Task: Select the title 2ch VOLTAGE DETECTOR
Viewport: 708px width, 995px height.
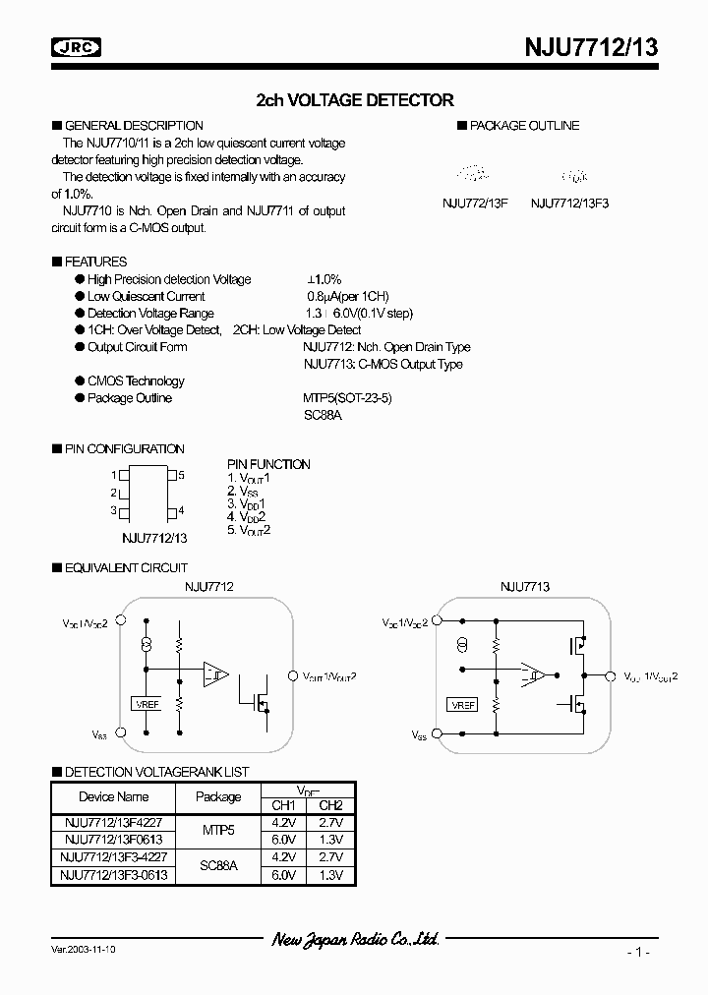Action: [x=354, y=99]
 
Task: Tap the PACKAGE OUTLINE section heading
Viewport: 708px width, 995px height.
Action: [x=524, y=126]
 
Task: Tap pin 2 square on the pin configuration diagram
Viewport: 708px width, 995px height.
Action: [x=125, y=494]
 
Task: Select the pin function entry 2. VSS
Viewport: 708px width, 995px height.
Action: [x=245, y=491]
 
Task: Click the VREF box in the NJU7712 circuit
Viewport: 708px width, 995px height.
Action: [x=147, y=703]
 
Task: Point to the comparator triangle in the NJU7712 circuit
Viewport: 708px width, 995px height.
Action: [x=215, y=674]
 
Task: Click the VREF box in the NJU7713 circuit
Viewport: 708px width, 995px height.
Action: [x=461, y=705]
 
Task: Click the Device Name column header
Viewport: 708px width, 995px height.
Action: [x=114, y=796]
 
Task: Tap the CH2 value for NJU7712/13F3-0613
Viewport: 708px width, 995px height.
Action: [x=330, y=874]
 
